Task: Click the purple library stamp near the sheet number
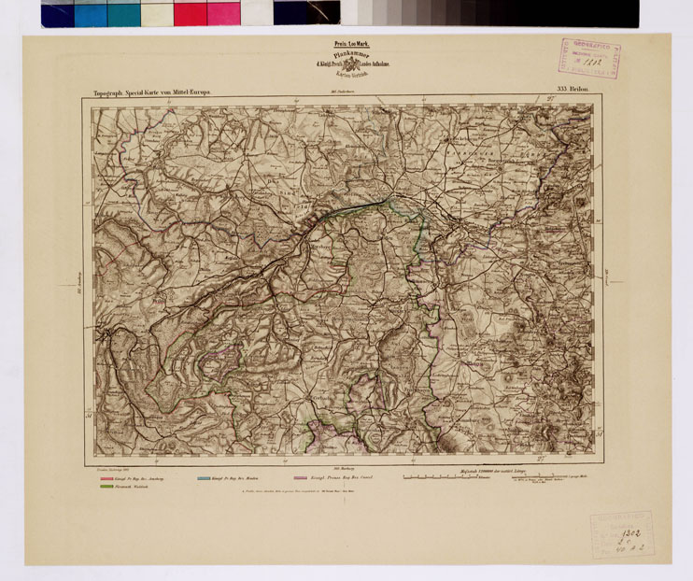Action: point(589,58)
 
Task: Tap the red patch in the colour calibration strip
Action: point(190,13)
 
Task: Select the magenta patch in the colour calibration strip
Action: point(223,13)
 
